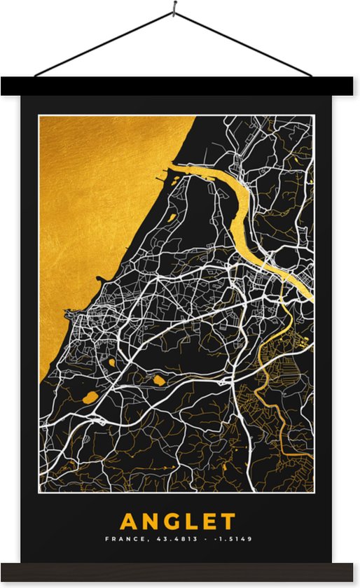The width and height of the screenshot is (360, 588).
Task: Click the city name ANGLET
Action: [178, 521]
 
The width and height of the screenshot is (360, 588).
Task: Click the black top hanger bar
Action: [180, 86]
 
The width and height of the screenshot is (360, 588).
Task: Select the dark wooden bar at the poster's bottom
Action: [180, 571]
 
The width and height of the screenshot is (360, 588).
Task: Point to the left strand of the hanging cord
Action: [105, 43]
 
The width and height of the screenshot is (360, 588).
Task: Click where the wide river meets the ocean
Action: [172, 168]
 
